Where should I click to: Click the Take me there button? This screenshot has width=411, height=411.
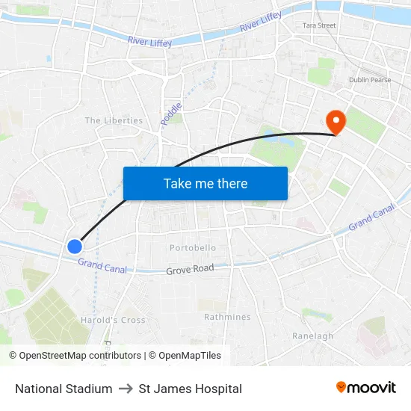click(x=205, y=183)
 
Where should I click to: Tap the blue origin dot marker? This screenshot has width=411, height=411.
click(x=75, y=246)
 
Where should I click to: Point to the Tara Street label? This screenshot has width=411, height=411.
click(x=319, y=25)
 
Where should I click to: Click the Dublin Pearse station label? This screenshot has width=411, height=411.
click(x=370, y=80)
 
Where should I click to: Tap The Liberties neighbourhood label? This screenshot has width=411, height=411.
click(x=114, y=120)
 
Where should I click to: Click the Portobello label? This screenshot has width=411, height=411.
click(x=193, y=247)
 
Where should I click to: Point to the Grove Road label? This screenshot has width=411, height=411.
click(x=190, y=269)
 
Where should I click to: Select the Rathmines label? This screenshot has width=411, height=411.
click(x=227, y=317)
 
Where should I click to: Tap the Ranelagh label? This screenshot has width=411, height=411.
click(x=312, y=336)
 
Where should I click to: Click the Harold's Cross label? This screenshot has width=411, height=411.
click(x=113, y=321)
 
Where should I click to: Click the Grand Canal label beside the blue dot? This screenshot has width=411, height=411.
click(x=102, y=265)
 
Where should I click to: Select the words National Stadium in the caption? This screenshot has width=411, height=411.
click(x=64, y=389)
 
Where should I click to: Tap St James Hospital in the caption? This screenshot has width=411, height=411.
click(x=190, y=389)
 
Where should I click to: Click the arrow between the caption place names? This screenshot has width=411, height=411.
click(x=126, y=389)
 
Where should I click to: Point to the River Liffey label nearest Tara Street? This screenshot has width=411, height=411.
click(x=260, y=23)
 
